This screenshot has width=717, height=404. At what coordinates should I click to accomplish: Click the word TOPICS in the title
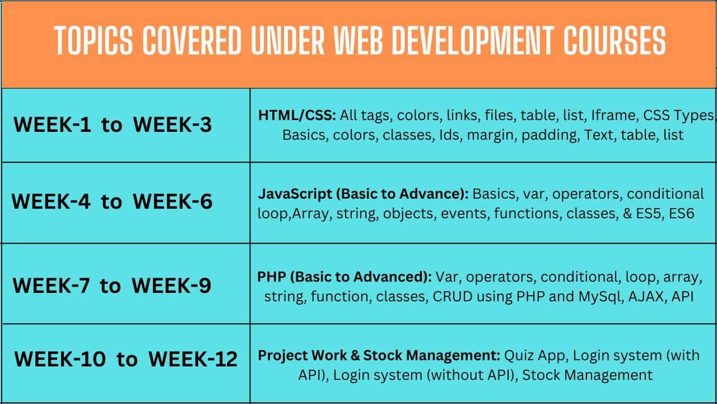tap(94, 41)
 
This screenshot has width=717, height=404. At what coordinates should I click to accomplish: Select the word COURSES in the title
tap(615, 41)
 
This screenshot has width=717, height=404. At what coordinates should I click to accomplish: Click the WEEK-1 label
tap(52, 125)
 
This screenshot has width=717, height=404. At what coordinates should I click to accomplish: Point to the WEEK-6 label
tap(173, 201)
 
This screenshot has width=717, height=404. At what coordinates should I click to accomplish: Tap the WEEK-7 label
tap(51, 286)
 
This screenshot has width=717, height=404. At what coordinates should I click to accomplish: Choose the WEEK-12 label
tap(193, 359)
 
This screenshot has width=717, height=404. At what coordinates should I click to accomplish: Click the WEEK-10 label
tap(60, 359)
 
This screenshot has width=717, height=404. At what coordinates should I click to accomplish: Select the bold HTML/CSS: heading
tap(297, 116)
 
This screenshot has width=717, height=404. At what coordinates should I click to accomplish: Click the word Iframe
tap(613, 116)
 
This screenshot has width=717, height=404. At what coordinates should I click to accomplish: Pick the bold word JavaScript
tap(295, 194)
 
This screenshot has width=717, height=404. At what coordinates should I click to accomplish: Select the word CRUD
tap(453, 297)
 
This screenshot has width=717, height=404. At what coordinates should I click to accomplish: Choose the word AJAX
tap(646, 297)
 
